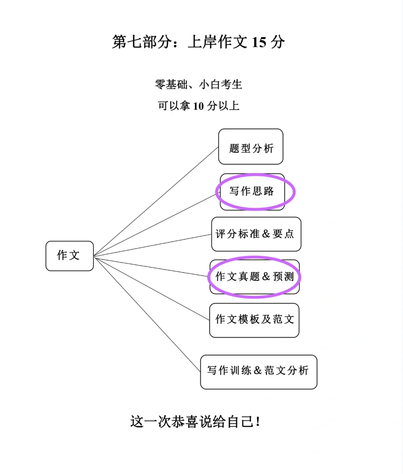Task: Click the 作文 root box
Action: click(69, 256)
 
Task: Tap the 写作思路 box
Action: click(252, 191)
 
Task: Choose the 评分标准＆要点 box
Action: click(256, 234)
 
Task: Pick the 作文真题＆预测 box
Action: click(254, 277)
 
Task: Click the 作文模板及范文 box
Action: click(254, 320)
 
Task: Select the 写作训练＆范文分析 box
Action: click(258, 372)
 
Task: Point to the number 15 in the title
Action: click(259, 42)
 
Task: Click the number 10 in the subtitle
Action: click(198, 106)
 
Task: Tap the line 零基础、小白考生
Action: click(199, 85)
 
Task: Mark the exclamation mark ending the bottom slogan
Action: click(258, 422)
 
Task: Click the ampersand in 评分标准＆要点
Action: click(266, 234)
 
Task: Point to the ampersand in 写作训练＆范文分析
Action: click(257, 371)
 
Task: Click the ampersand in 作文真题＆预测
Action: click(266, 277)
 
